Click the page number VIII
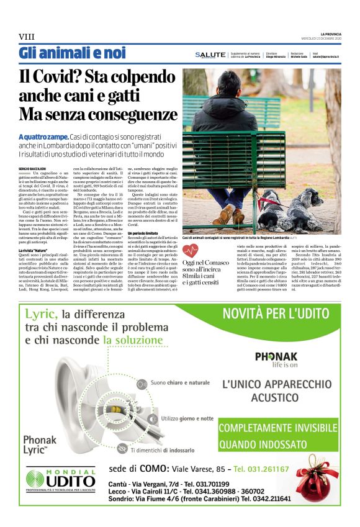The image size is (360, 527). click(27, 37)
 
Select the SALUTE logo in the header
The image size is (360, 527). click(210, 55)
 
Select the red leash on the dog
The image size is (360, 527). click(266, 202)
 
